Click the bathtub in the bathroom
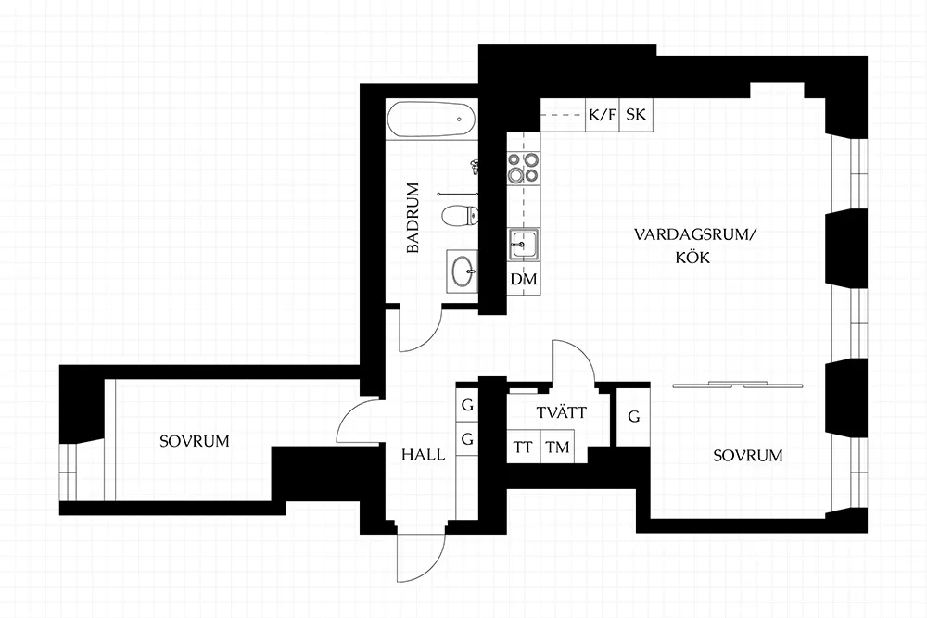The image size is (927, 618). pyautogui.click(x=431, y=120)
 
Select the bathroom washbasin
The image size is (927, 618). pyautogui.click(x=463, y=271)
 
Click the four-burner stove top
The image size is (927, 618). pyautogui.click(x=524, y=167)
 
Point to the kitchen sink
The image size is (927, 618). pyautogui.click(x=524, y=244)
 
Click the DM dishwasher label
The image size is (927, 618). pyautogui.click(x=524, y=279)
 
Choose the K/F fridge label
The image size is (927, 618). pyautogui.click(x=602, y=114)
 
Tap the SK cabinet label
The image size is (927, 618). pyautogui.click(x=636, y=114)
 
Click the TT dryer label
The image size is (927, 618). pyautogui.click(x=523, y=448)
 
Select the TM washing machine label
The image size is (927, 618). pyautogui.click(x=557, y=448)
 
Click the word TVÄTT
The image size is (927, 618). pyautogui.click(x=562, y=411)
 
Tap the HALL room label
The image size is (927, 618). pyautogui.click(x=424, y=454)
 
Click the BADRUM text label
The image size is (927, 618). pyautogui.click(x=413, y=218)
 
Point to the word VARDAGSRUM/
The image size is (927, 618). pyautogui.click(x=695, y=234)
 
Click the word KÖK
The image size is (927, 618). pyautogui.click(x=693, y=257)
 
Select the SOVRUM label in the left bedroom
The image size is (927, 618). pyautogui.click(x=195, y=441)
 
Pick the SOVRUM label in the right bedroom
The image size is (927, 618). pyautogui.click(x=748, y=456)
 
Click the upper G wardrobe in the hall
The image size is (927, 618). pyautogui.click(x=467, y=405)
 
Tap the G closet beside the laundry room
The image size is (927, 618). pyautogui.click(x=634, y=417)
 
